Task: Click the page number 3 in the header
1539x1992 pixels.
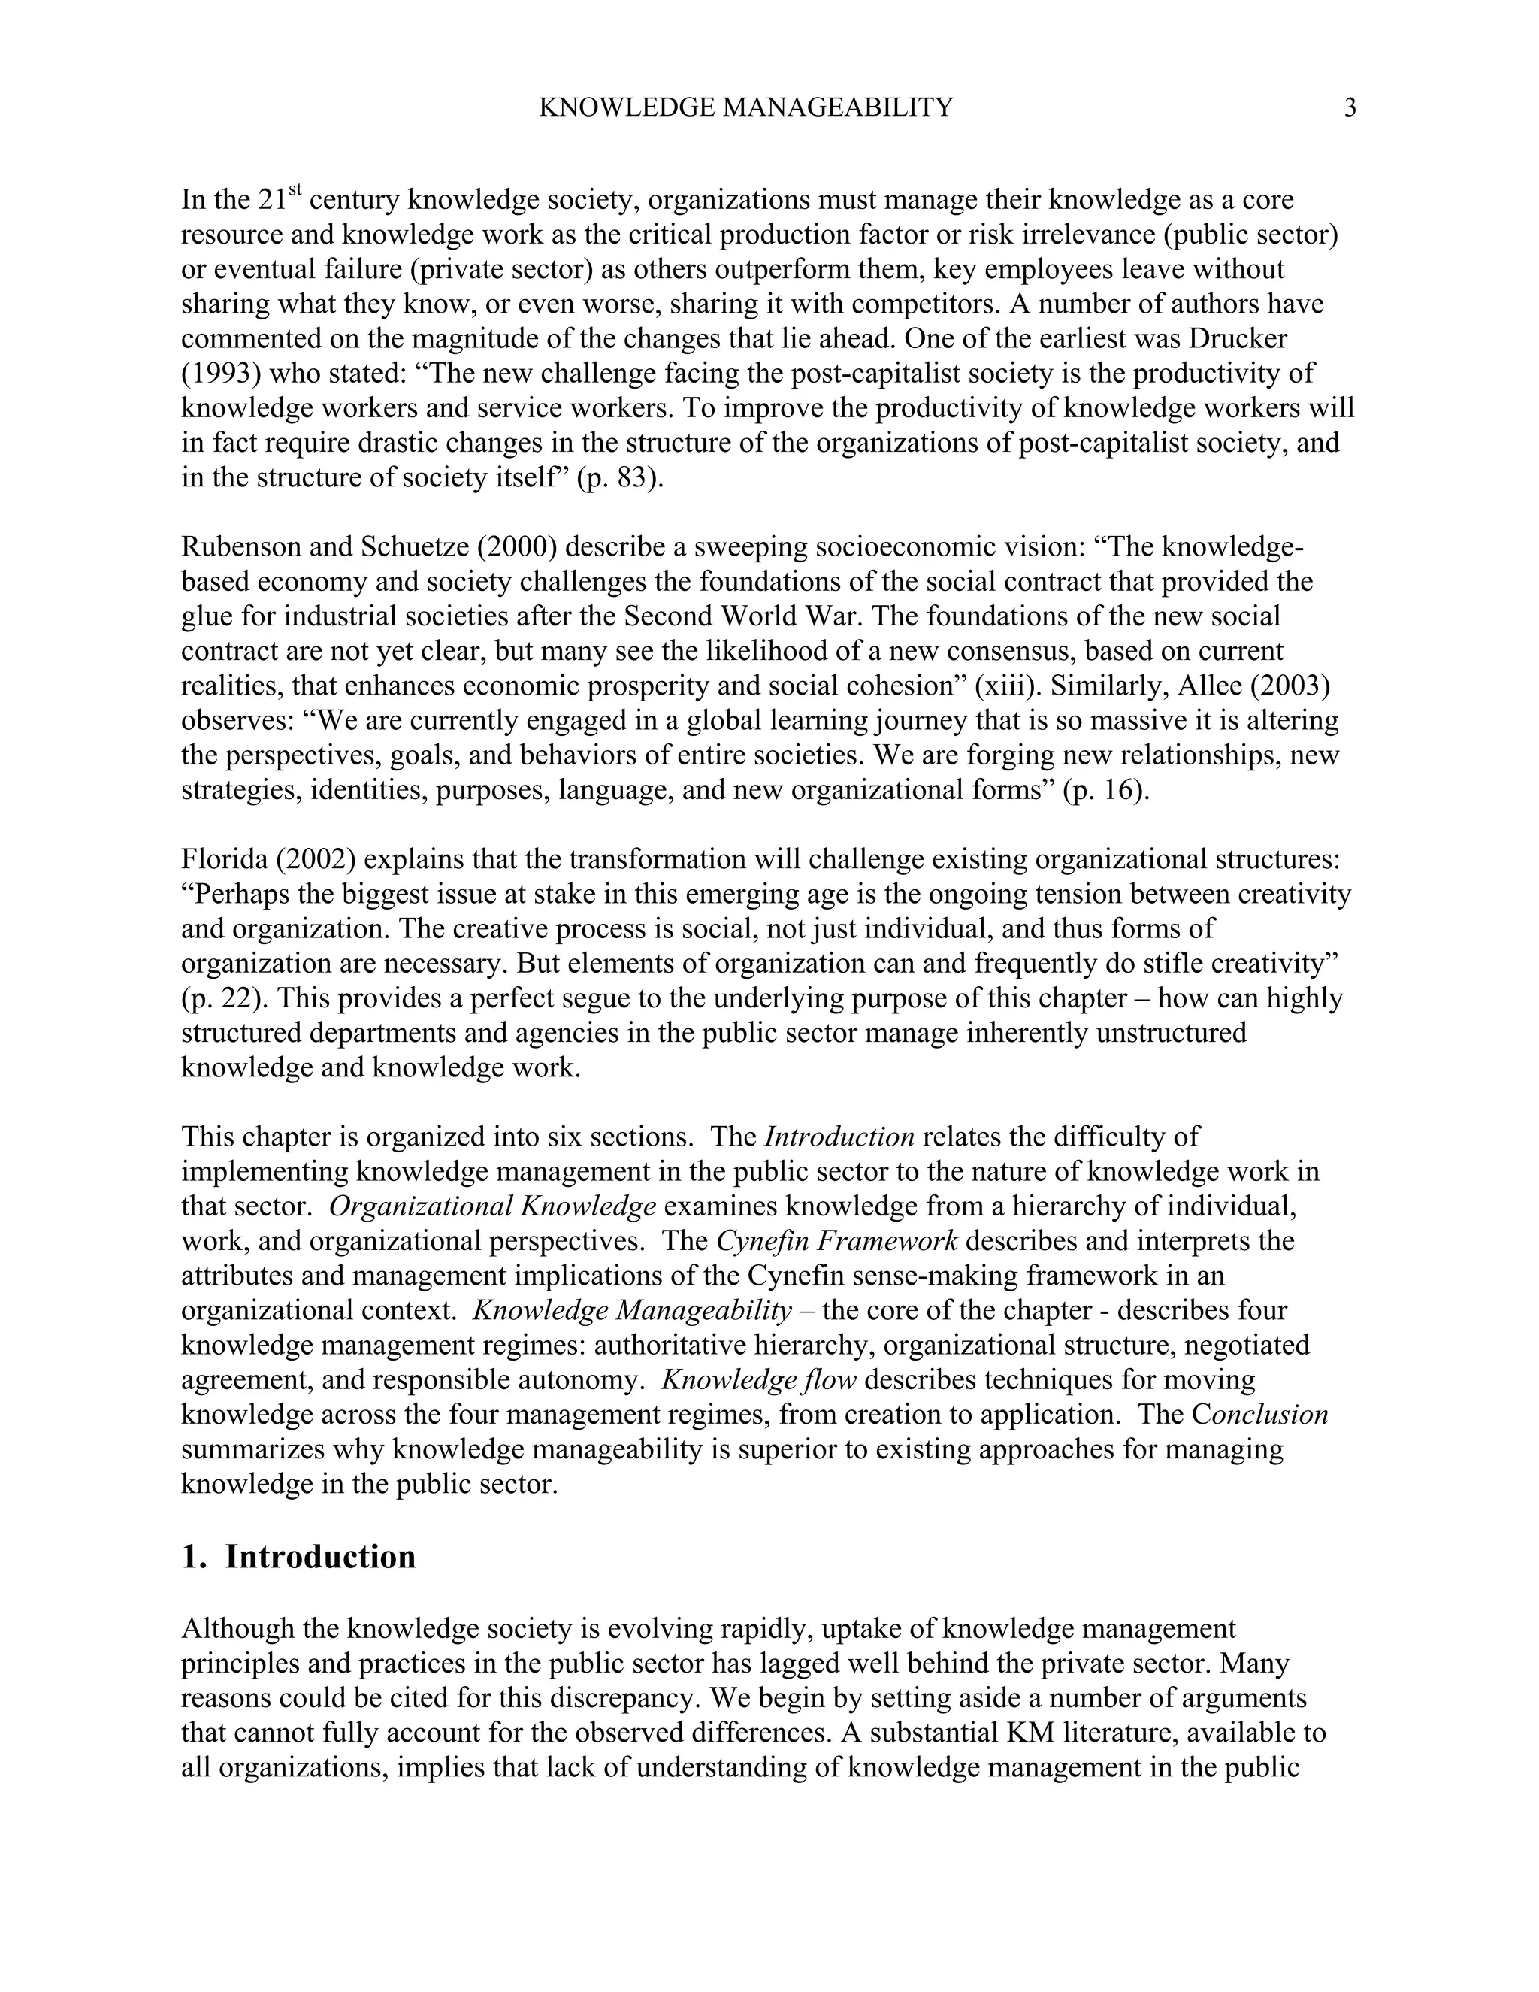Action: [1350, 108]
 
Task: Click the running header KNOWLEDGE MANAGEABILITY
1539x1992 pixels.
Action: [745, 108]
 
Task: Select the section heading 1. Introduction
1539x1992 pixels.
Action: [298, 1556]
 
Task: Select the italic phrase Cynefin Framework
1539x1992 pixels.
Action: [837, 1241]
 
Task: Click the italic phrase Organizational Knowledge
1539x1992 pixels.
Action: [492, 1206]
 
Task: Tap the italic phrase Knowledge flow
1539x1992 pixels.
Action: [758, 1380]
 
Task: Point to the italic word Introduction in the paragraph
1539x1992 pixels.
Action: [839, 1137]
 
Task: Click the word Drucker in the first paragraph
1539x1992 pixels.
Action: [1237, 338]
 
